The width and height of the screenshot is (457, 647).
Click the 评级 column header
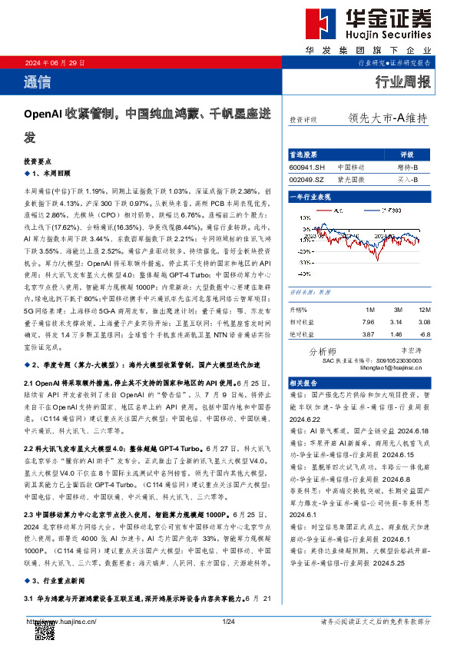[x=407, y=154]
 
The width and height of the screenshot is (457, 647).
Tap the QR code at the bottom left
[x=45, y=632]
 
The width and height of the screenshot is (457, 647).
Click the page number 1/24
[x=227, y=621]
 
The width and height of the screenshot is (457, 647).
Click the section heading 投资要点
[x=38, y=163]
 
